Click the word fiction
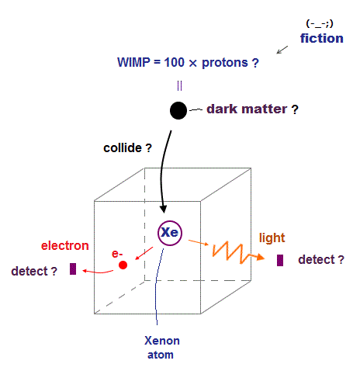[x=322, y=38]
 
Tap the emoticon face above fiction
[x=320, y=24]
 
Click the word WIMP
[x=133, y=62]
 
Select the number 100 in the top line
[x=175, y=62]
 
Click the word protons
[x=225, y=63]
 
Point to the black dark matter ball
[x=178, y=110]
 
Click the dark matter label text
[x=252, y=109]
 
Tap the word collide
[x=123, y=148]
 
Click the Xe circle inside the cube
[x=170, y=233]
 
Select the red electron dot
[x=123, y=265]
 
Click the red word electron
[x=65, y=245]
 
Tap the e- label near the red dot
[x=117, y=254]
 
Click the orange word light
[x=272, y=238]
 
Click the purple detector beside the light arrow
[x=280, y=260]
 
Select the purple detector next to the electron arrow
[x=73, y=269]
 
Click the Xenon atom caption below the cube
[x=161, y=348]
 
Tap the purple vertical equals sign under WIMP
[x=179, y=85]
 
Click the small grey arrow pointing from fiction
[x=282, y=50]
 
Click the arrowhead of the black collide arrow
[x=163, y=209]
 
